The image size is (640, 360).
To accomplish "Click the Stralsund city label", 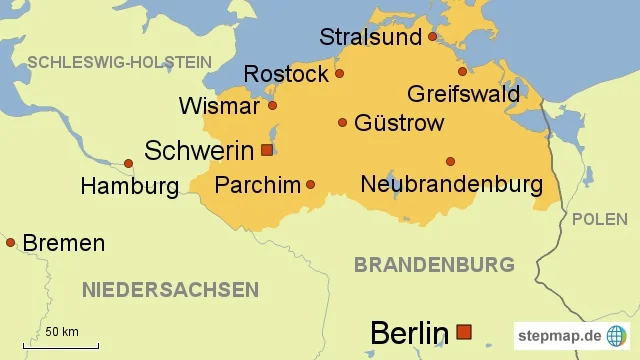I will tap(371, 38).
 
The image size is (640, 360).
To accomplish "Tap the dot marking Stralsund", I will tap(432, 37).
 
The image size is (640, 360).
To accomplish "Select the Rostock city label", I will tap(286, 75).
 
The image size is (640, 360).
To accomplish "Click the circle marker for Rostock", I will tap(339, 73).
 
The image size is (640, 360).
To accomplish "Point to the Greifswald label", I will tap(463, 94).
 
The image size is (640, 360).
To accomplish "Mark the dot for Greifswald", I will tap(462, 71).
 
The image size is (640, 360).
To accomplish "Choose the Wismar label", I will tap(218, 106).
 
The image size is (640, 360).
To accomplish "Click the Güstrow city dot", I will tap(342, 122).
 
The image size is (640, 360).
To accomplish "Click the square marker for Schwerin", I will tap(266, 150).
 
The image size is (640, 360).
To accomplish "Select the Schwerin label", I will tap(199, 151).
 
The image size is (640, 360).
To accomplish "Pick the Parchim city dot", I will tap(310, 184).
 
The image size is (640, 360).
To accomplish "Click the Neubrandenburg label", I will tap(451, 185).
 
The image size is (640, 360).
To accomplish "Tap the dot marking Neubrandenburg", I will tap(450, 161).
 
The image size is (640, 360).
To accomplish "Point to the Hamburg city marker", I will tap(128, 163).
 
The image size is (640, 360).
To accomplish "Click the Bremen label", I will tap(63, 243).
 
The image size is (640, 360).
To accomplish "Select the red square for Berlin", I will tap(463, 331).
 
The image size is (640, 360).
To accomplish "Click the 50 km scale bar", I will tap(60, 346).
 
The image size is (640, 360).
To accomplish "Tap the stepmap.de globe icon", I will tap(617, 335).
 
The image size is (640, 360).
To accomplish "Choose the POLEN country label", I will tap(599, 219).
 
